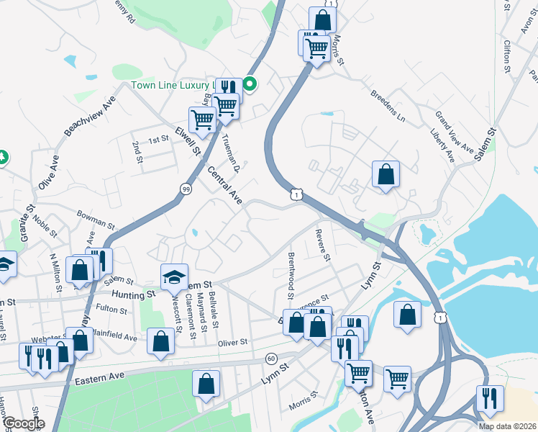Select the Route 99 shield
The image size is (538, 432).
pos(186,189)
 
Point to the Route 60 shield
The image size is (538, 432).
pos(271,358)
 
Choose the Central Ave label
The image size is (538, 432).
pos(225,184)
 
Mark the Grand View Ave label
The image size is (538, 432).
pos(455,132)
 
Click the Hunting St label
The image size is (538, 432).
pos(134,294)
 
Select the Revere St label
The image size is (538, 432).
pos(322,246)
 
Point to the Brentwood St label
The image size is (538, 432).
pos(291,276)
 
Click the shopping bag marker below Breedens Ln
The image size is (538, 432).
pos(386,174)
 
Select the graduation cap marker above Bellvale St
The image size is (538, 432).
pos(173,276)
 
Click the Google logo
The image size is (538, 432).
pos(23,423)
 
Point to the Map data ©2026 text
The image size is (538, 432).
pos(506,426)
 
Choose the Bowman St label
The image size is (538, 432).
pos(96,219)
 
